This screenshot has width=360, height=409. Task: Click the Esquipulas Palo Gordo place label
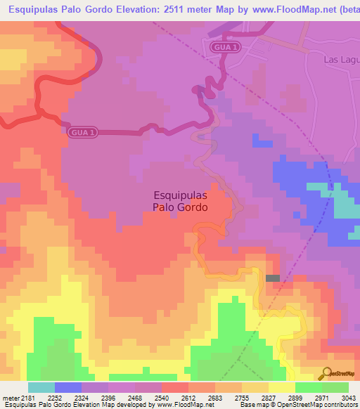pos(181,202)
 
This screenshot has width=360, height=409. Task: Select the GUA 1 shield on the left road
pos(82,131)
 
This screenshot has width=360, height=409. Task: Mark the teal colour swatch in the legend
pos(41,387)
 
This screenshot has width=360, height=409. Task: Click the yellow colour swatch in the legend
pos(282,387)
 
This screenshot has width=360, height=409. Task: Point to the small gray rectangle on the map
pos(273,278)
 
